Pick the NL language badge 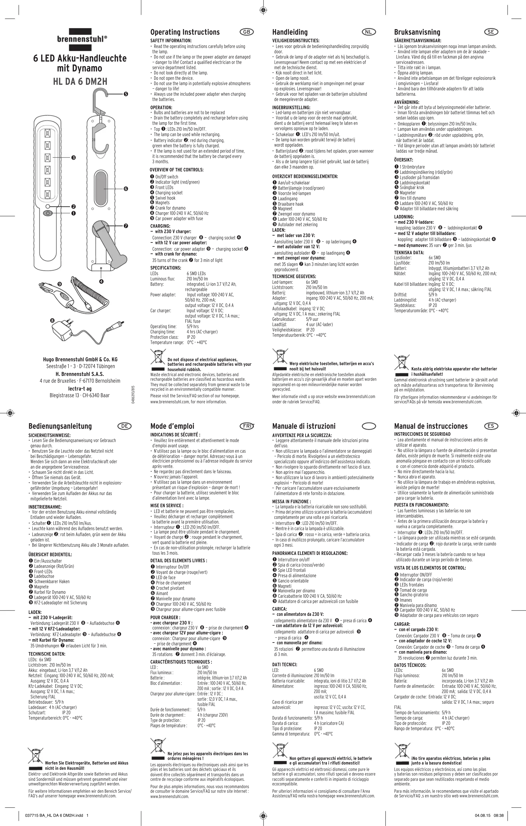[x=369, y=32]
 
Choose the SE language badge [x=491, y=32]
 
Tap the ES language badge [x=491, y=426]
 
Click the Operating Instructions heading [x=185, y=32]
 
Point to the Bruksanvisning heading [x=417, y=32]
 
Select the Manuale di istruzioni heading [x=304, y=426]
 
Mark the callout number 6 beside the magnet [x=126, y=189]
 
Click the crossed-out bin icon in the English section [x=157, y=356]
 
